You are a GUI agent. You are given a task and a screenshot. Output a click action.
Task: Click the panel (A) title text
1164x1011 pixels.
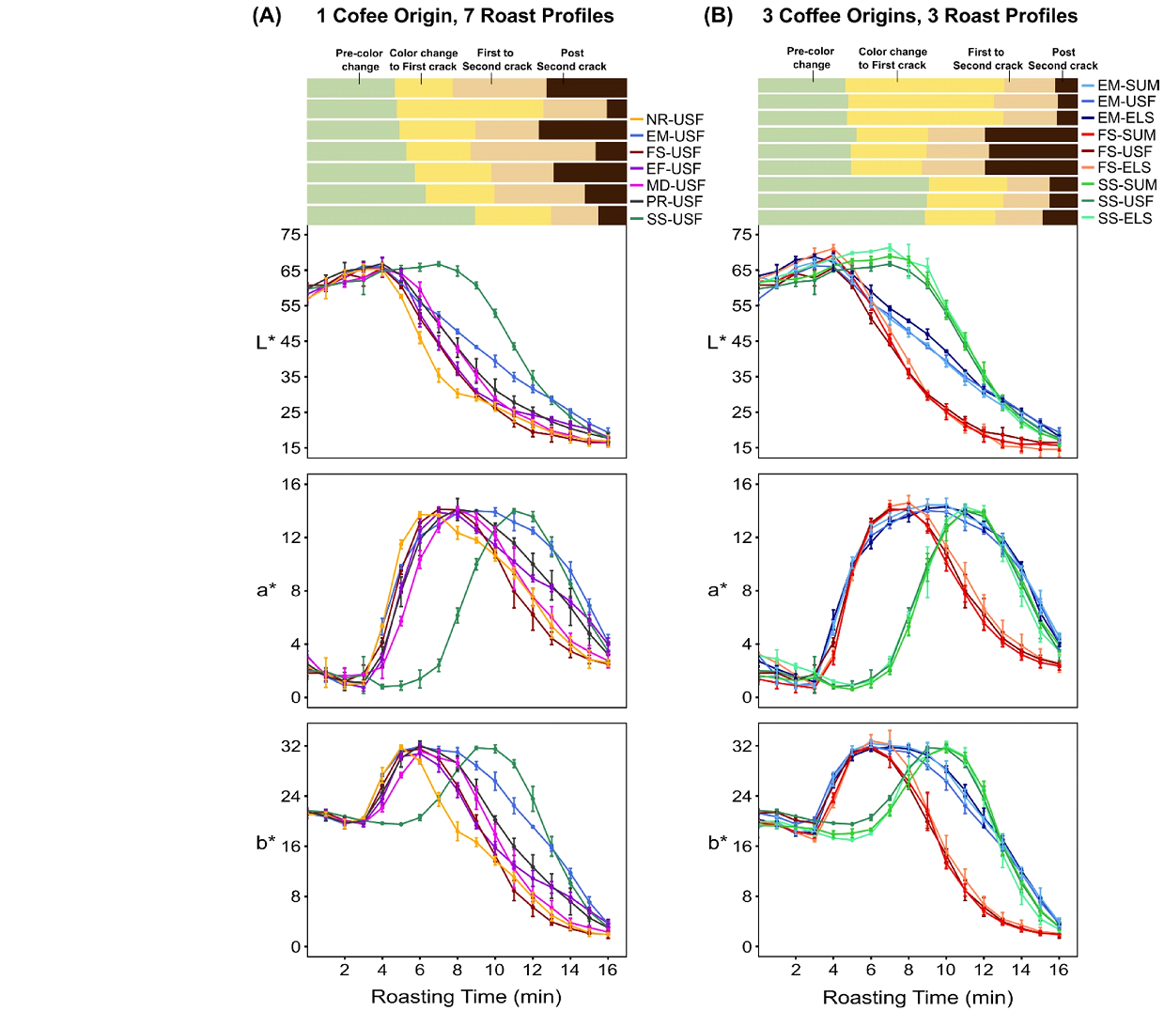(465, 16)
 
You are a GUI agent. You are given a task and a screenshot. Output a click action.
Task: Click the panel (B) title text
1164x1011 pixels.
(920, 16)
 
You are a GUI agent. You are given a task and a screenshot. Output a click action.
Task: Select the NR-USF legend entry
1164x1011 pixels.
(675, 119)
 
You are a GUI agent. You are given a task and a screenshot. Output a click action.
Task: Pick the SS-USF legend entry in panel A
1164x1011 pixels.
(675, 219)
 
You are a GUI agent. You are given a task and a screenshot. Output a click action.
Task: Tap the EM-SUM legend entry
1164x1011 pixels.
(1128, 85)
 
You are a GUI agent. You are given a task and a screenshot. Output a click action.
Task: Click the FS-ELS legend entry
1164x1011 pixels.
(1125, 168)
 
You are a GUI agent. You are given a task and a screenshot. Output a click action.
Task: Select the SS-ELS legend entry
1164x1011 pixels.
(1125, 218)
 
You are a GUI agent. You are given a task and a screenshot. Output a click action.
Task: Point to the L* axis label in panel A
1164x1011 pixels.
(266, 342)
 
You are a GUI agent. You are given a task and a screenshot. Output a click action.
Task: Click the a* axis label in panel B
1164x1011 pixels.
(718, 590)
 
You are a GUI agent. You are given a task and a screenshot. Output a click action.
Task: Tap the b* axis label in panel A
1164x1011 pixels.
(266, 843)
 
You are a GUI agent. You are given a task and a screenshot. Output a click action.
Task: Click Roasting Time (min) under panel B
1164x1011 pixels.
(918, 997)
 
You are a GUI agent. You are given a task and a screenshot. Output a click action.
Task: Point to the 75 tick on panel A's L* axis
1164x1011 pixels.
(290, 234)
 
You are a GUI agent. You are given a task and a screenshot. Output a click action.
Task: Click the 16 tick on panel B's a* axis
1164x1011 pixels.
(741, 484)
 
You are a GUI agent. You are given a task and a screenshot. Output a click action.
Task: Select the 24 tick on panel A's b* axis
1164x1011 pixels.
(290, 796)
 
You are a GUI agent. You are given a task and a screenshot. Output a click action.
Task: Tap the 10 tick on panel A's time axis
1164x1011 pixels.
(495, 970)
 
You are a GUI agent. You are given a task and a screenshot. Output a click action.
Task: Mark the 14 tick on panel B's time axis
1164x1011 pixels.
(1021, 970)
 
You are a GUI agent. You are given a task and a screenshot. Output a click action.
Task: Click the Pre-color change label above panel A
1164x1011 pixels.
(360, 60)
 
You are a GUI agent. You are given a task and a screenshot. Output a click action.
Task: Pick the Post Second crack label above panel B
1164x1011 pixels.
(1063, 59)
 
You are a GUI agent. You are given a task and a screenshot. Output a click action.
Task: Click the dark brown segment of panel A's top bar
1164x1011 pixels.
(586, 87)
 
